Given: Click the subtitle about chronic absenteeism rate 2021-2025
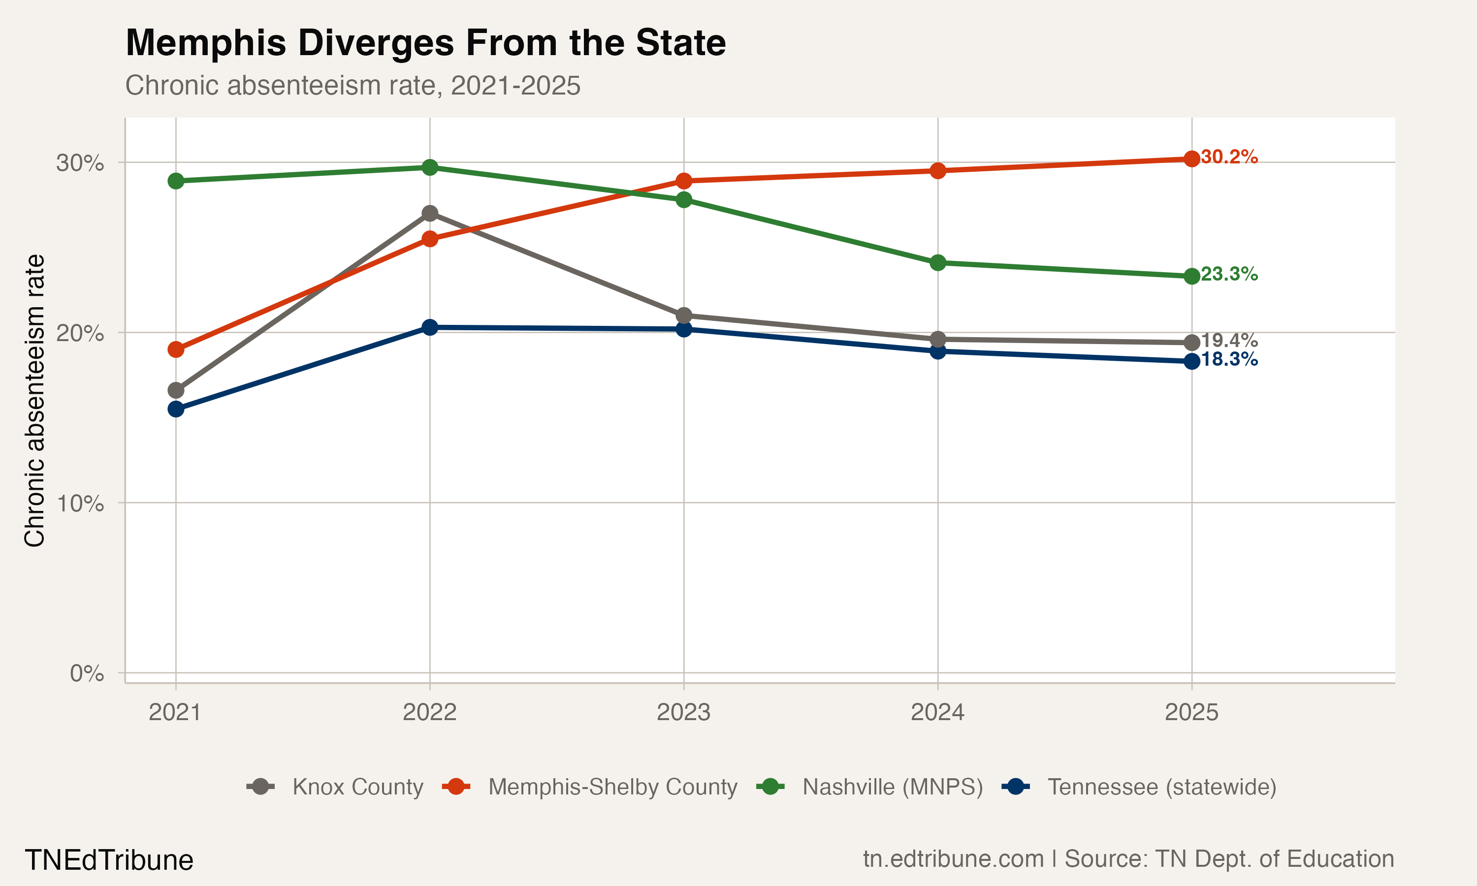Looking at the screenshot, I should click(x=352, y=85).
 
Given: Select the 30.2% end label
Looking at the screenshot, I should click(x=1229, y=157).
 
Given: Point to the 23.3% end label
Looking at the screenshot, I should click(x=1229, y=274).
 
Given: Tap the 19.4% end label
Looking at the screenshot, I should click(x=1229, y=340).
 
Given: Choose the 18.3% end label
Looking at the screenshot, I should click(x=1229, y=359).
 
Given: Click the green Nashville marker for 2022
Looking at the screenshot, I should click(x=430, y=167).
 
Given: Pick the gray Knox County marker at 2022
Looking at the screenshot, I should click(x=430, y=213).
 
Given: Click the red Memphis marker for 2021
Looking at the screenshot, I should click(x=176, y=349).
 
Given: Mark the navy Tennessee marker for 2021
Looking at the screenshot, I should click(x=176, y=409).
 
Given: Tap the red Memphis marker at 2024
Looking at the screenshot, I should click(x=938, y=171).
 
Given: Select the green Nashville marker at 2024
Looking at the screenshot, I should click(x=938, y=263).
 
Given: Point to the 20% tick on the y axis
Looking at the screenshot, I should click(x=80, y=333).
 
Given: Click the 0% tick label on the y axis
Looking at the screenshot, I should click(x=87, y=673).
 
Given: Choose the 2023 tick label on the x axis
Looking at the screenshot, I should click(x=683, y=712).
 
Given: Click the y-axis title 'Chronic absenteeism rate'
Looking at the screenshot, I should click(x=34, y=400).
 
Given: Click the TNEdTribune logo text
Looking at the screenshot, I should click(x=109, y=860).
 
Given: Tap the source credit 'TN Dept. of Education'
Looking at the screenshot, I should click(x=1274, y=859).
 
